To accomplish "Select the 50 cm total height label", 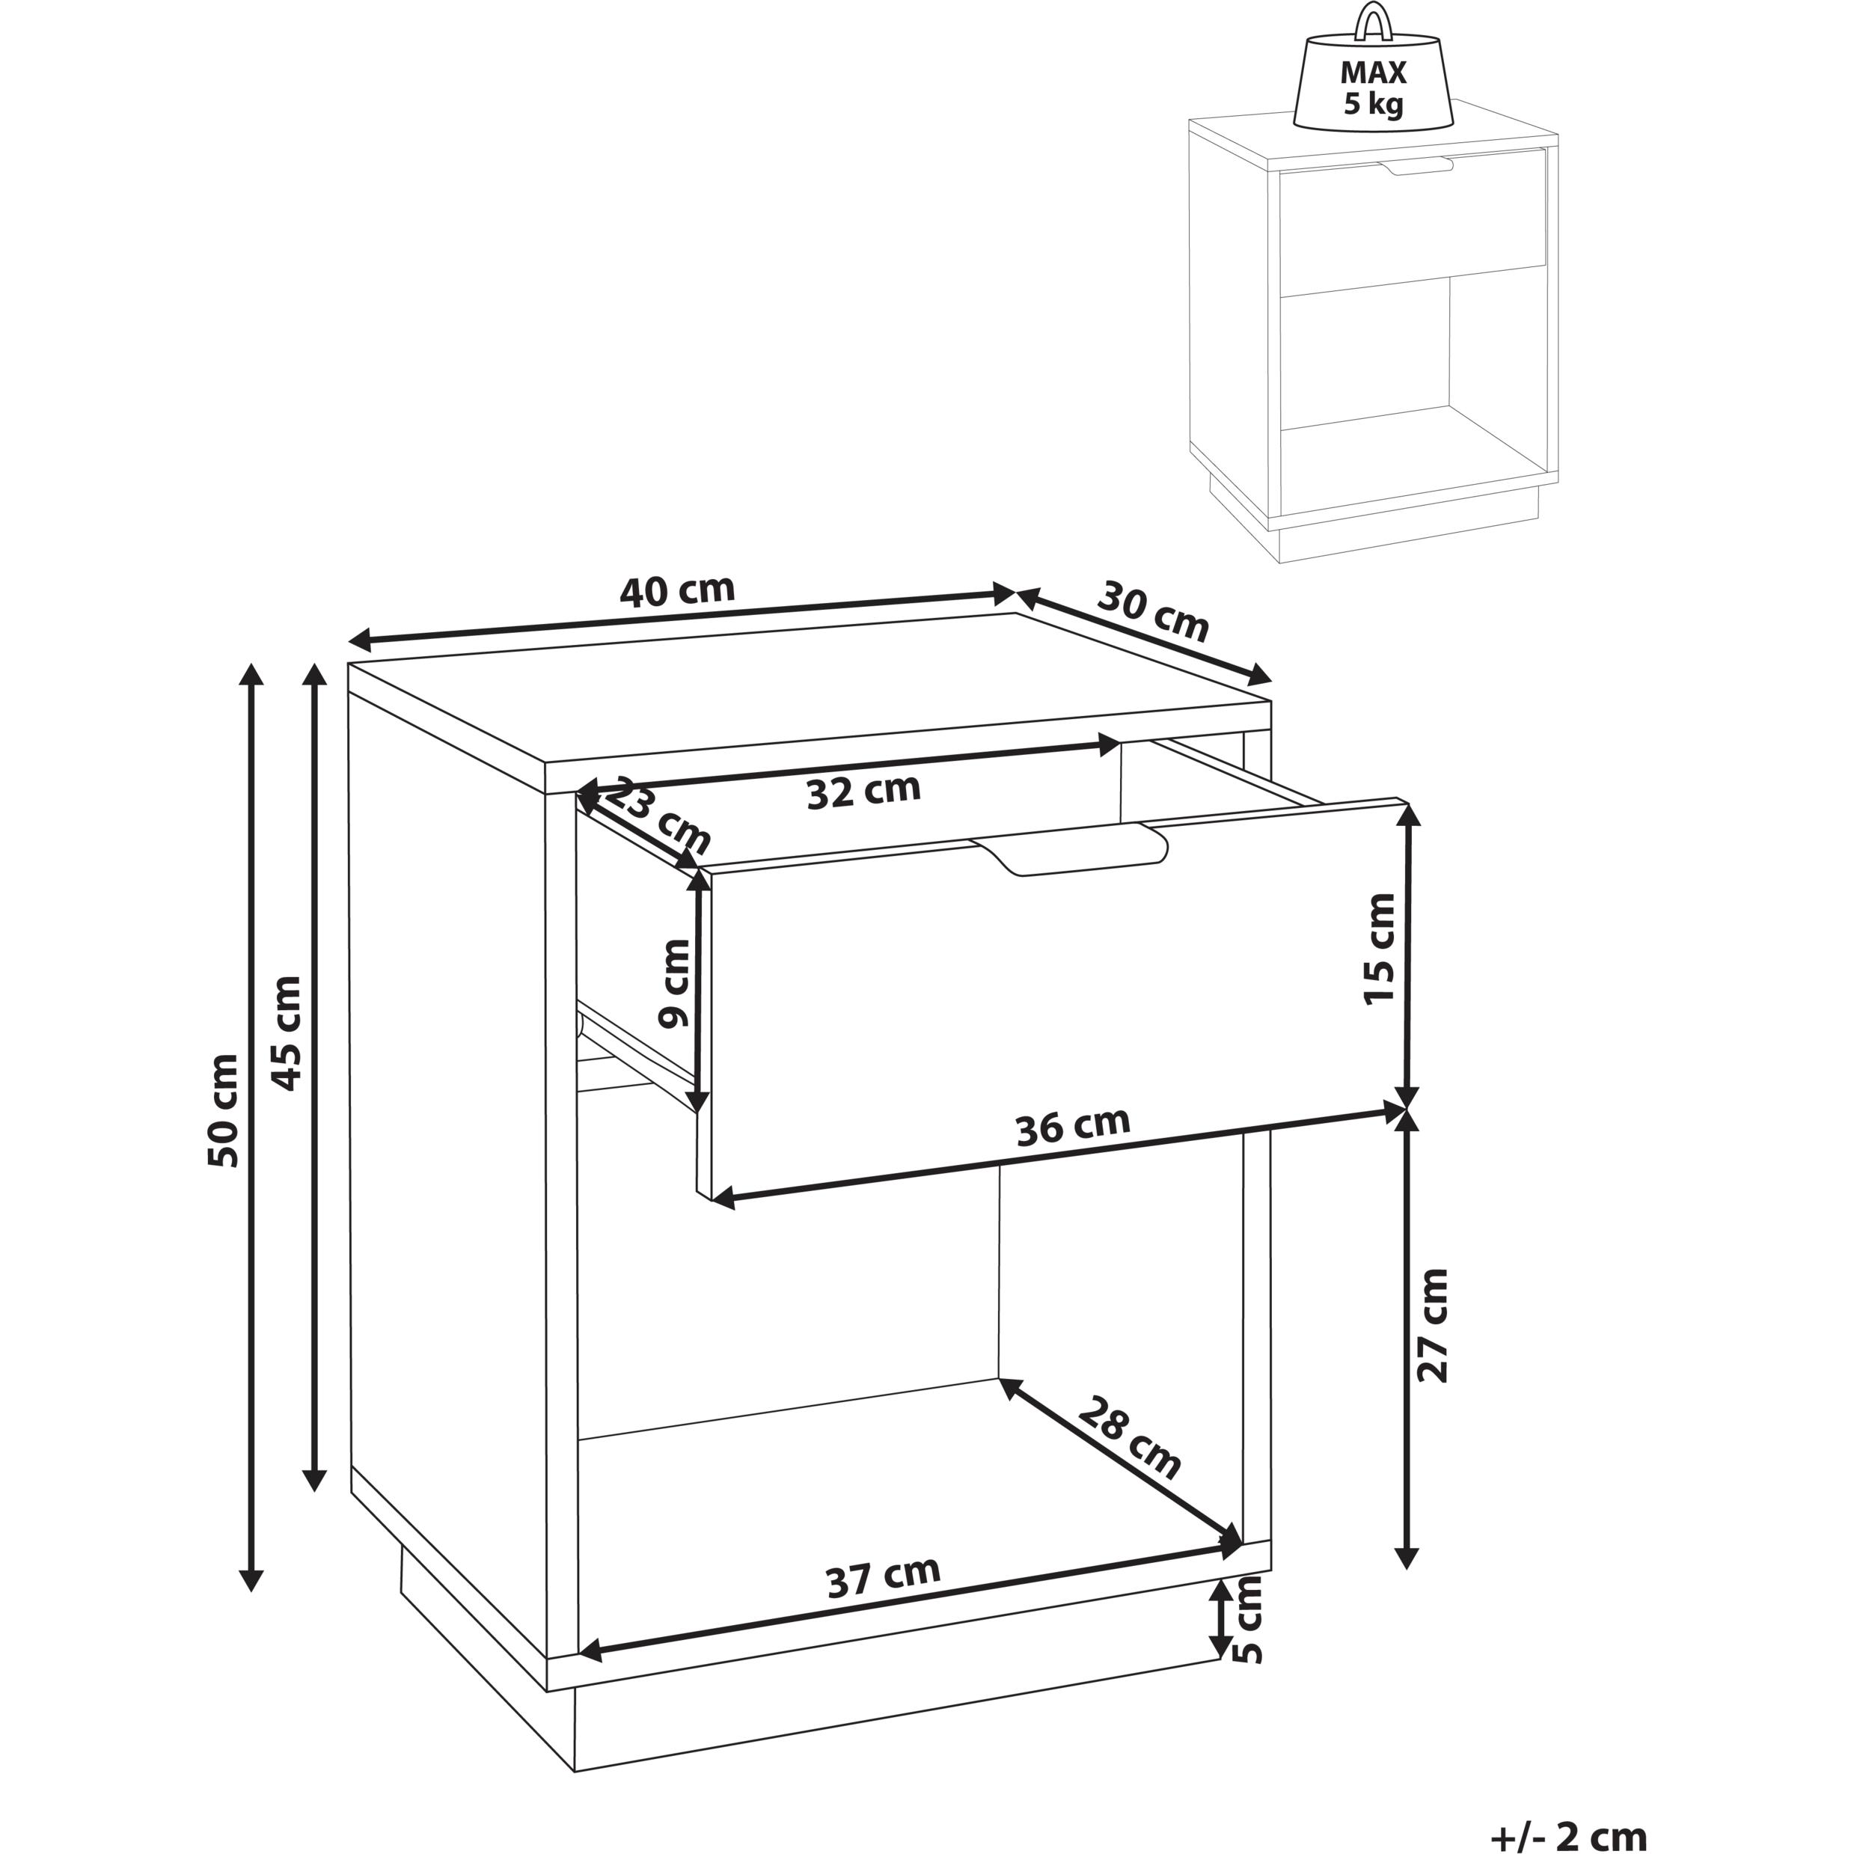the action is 223,1110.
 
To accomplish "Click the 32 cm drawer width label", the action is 863,791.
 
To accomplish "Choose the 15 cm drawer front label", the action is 1379,948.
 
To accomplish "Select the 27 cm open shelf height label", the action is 1433,1325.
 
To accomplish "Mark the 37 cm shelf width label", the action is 884,1576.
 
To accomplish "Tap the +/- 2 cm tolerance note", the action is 1570,1833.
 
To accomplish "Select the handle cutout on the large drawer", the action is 1069,849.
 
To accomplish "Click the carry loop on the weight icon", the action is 1373,23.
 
